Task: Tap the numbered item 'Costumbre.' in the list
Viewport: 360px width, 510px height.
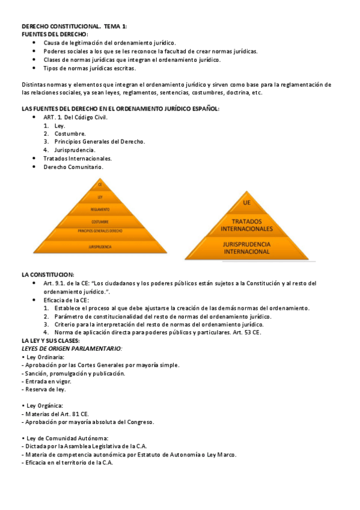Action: pos(70,134)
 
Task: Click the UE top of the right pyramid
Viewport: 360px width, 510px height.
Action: pos(246,203)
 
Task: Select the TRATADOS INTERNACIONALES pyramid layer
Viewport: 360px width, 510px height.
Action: pos(246,225)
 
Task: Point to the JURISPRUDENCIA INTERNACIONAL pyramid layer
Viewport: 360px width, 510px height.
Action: pos(246,248)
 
